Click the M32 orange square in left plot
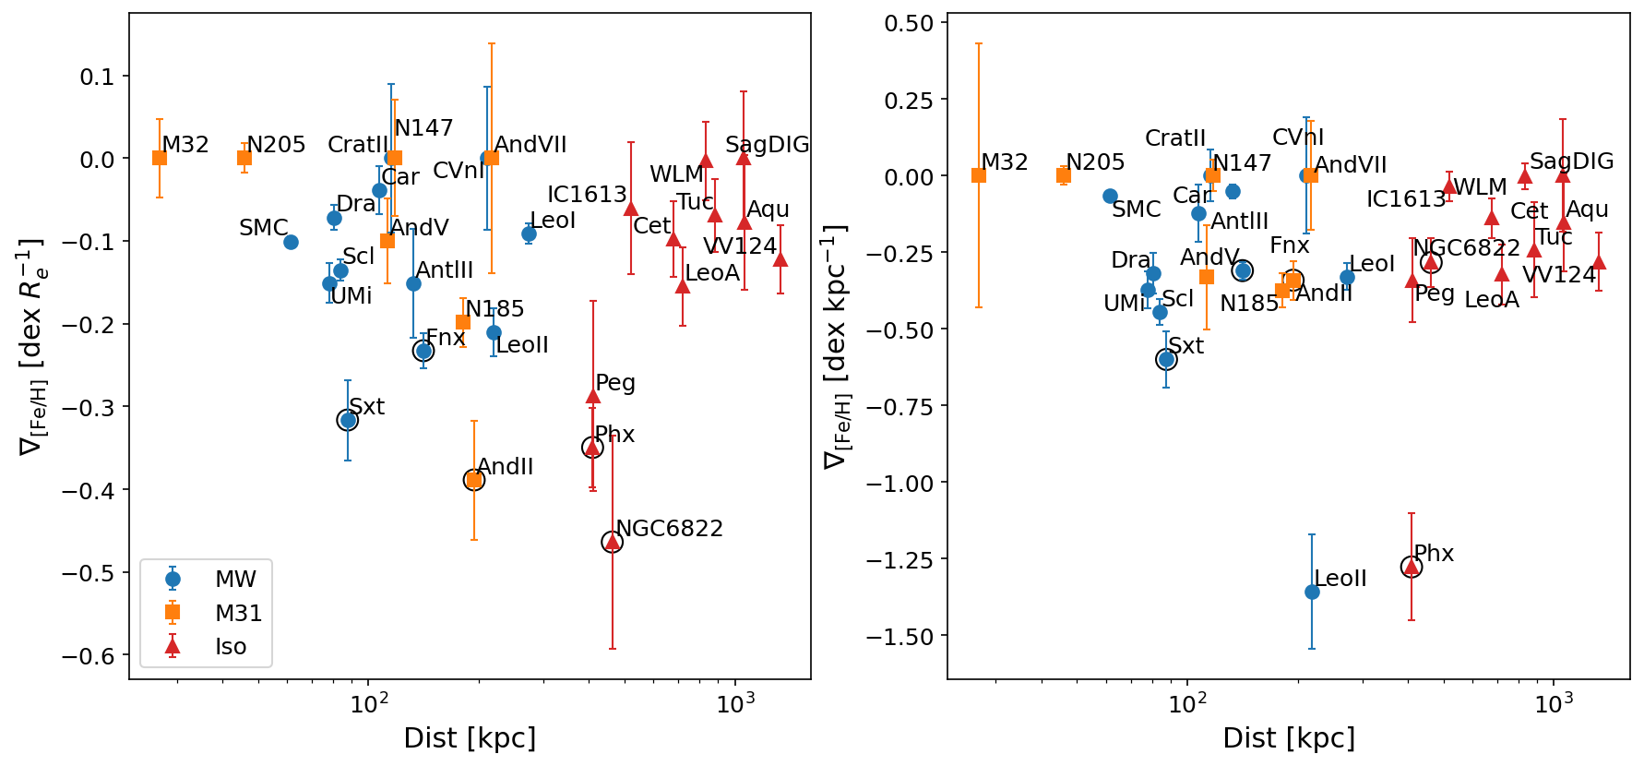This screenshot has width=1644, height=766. pyautogui.click(x=160, y=158)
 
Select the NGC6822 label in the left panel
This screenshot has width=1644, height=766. pyautogui.click(x=669, y=529)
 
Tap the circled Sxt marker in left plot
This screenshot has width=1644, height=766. pyautogui.click(x=348, y=421)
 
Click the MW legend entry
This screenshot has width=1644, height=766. pyautogui.click(x=235, y=580)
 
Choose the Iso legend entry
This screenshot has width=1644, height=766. pyautogui.click(x=231, y=647)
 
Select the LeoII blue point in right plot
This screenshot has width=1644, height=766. pyautogui.click(x=1312, y=592)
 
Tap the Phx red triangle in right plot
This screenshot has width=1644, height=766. pyautogui.click(x=1412, y=567)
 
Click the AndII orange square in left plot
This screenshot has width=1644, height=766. pyautogui.click(x=474, y=480)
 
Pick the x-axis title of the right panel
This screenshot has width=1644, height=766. pyautogui.click(x=1288, y=738)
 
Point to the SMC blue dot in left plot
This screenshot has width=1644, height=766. pyautogui.click(x=291, y=242)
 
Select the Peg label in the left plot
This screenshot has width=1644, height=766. pyautogui.click(x=615, y=383)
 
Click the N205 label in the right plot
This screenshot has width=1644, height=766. pyautogui.click(x=1095, y=162)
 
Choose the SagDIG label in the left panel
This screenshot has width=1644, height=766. pyautogui.click(x=767, y=145)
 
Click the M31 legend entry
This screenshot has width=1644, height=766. pyautogui.click(x=238, y=614)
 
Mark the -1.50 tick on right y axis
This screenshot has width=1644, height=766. pyautogui.click(x=909, y=637)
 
